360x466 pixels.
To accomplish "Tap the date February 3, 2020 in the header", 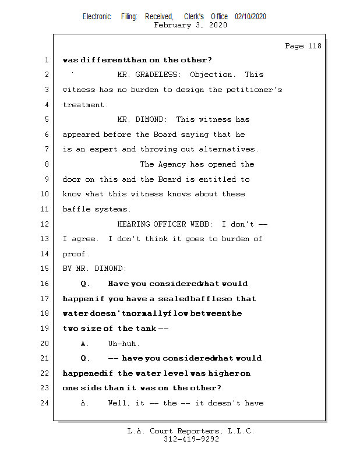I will pyautogui.click(x=190, y=25).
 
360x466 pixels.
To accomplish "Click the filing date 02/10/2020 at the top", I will pyautogui.click(x=250, y=17).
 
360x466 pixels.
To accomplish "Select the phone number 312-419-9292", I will pyautogui.click(x=191, y=439).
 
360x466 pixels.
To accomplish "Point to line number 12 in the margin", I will pyautogui.click(x=47, y=224).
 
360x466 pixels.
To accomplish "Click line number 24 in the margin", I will pyautogui.click(x=47, y=403).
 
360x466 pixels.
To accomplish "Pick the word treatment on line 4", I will pyautogui.click(x=84, y=105).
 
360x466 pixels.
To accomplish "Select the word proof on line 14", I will pyautogui.click(x=75, y=254).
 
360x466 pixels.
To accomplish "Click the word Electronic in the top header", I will pyautogui.click(x=97, y=17).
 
